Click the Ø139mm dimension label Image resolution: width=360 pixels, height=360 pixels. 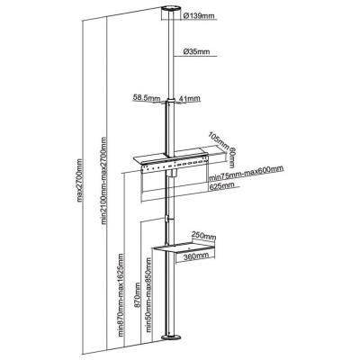pos(198,15)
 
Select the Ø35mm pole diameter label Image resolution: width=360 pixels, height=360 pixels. pos(196,51)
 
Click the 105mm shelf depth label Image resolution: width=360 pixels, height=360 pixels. pos(219,141)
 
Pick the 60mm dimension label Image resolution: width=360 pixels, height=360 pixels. pos(232,158)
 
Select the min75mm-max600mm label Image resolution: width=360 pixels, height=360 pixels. pos(247,174)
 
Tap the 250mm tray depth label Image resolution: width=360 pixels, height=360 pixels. pos(204,236)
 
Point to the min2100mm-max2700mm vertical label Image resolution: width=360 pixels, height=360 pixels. pos(104,181)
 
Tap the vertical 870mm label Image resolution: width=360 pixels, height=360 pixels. pos(138,295)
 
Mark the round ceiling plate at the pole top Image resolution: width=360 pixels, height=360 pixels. pos(171,9)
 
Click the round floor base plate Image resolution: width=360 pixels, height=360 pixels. pos(171,337)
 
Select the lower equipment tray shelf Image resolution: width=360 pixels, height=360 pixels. pos(184,249)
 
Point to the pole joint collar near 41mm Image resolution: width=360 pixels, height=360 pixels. pos(171,101)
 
